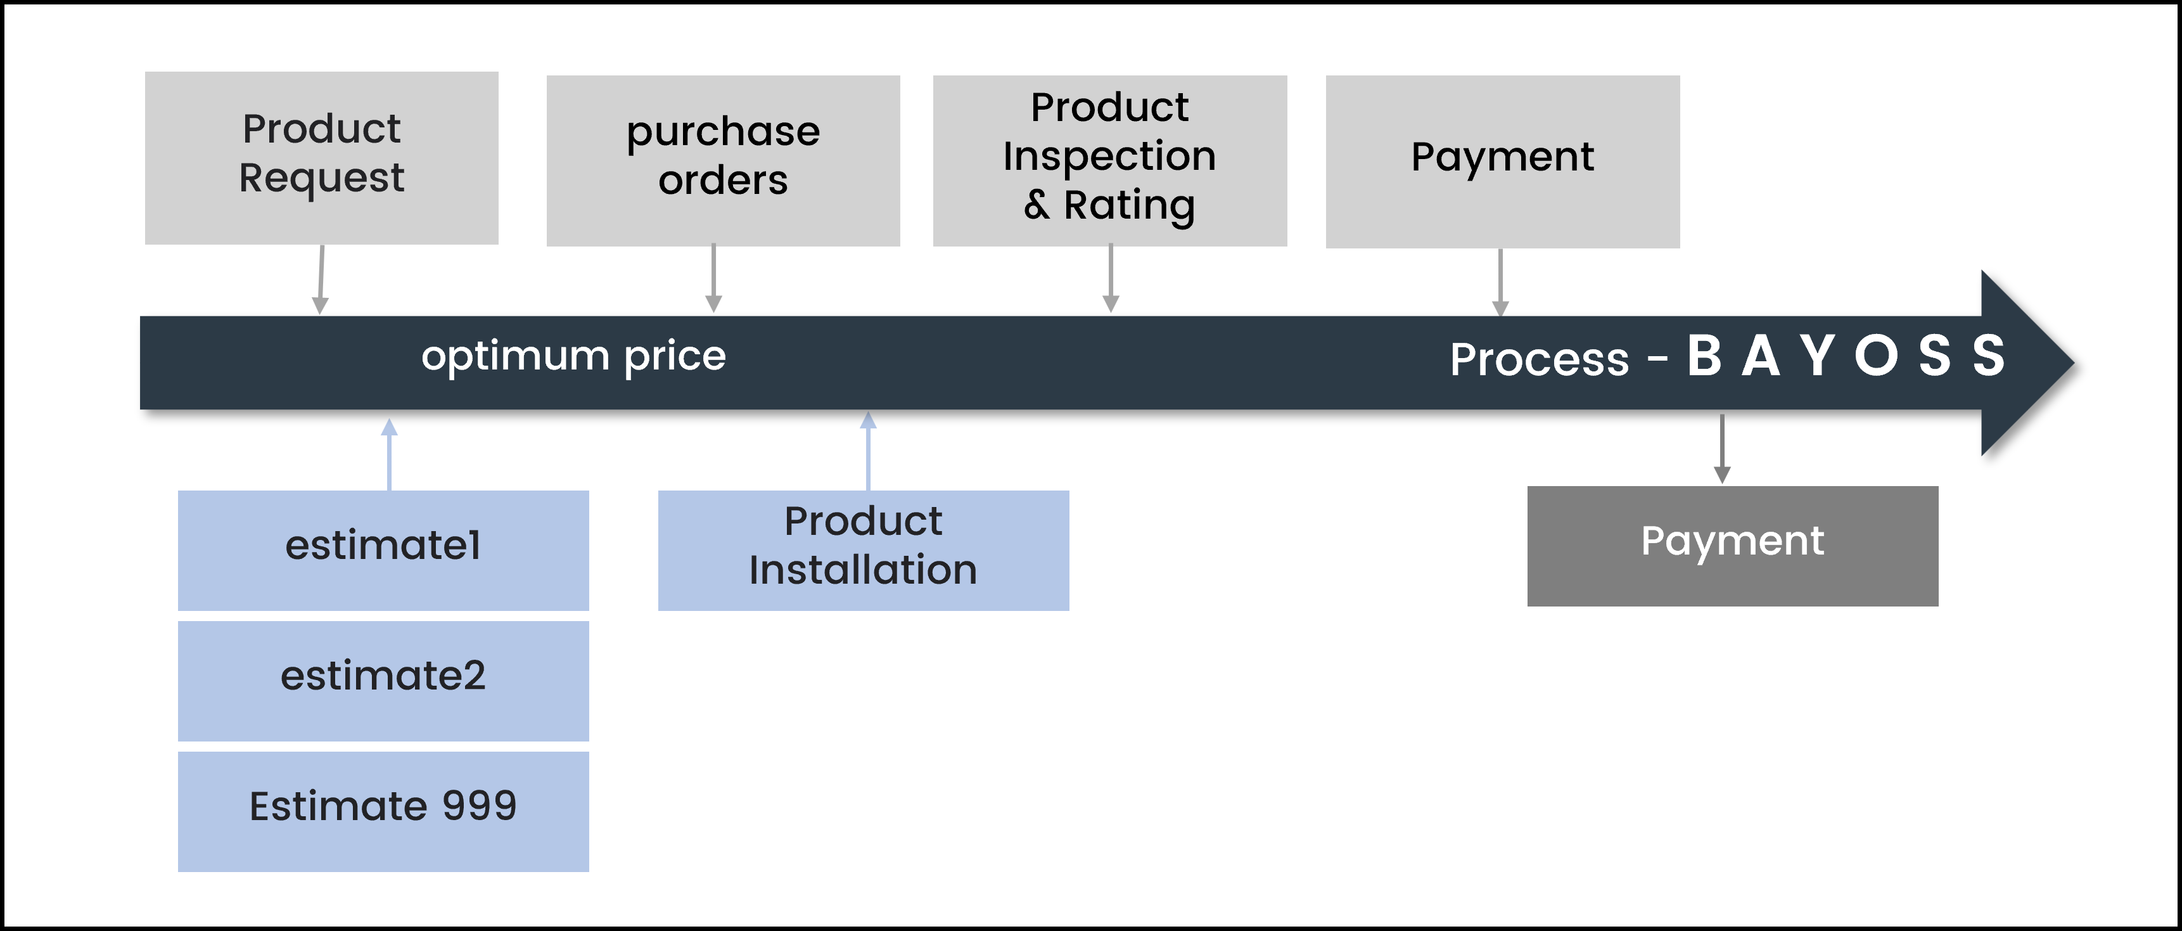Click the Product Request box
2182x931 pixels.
(322, 158)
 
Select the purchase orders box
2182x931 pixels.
(724, 161)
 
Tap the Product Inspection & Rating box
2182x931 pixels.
(1109, 161)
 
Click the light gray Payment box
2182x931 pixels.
(1503, 162)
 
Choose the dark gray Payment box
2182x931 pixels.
(1732, 546)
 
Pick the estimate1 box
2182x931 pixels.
(383, 551)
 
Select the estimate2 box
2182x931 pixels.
(383, 681)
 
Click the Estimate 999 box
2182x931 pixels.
(383, 812)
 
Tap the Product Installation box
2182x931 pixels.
(863, 551)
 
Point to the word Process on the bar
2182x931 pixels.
(1539, 359)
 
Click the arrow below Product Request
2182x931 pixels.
(321, 279)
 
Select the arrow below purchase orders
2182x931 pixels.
(714, 279)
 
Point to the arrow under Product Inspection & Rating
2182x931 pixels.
(1111, 279)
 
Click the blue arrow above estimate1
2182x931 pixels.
(389, 454)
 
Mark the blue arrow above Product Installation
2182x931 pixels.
(868, 451)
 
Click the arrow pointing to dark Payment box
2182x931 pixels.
(1722, 449)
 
